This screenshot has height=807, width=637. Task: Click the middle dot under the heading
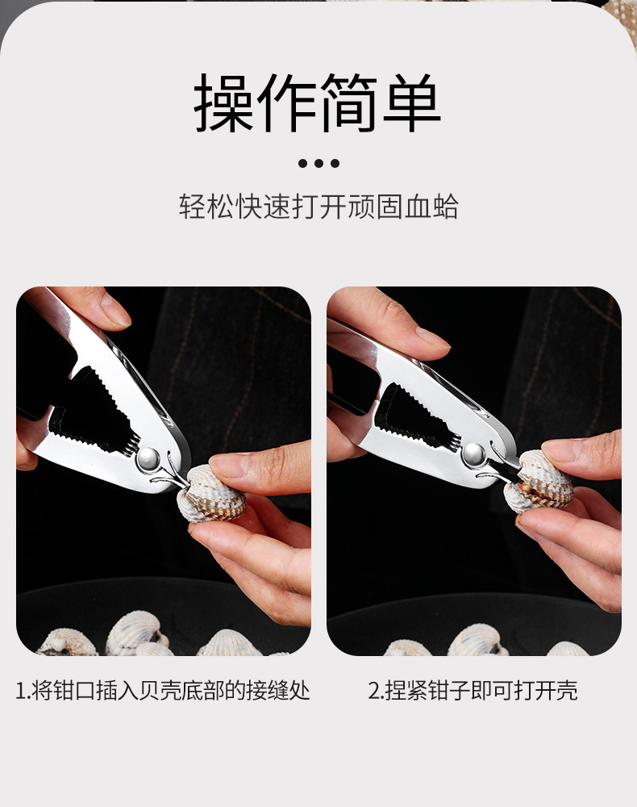[318, 163]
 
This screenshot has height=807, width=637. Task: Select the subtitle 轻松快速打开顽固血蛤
[318, 207]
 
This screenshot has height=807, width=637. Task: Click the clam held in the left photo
[207, 494]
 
